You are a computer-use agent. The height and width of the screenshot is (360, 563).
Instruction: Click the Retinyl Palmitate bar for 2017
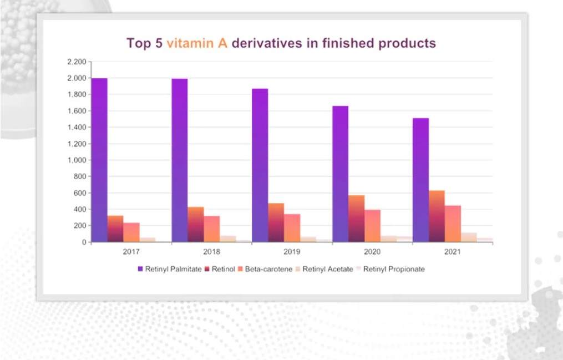tap(99, 160)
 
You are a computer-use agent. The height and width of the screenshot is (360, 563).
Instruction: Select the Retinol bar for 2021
tap(437, 216)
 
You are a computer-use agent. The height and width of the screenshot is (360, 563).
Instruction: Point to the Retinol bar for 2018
tap(196, 224)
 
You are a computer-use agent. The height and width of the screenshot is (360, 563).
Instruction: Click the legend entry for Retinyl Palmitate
tap(169, 269)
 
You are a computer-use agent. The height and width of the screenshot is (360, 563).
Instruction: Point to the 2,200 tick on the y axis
tap(76, 62)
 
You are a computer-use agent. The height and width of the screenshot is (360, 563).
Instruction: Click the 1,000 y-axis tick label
tap(76, 160)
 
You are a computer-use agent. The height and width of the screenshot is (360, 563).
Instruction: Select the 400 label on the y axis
tap(80, 210)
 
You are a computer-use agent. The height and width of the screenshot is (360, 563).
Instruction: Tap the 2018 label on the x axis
tap(211, 251)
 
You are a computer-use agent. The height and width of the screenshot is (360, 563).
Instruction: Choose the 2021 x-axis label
tap(452, 251)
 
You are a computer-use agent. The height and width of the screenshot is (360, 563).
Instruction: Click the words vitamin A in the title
tap(197, 43)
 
